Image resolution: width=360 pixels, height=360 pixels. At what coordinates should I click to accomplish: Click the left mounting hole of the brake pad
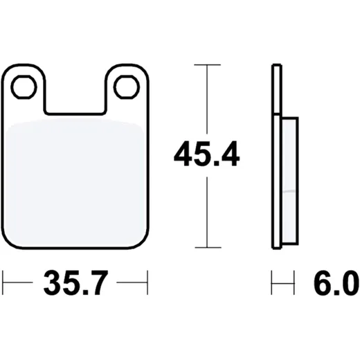tap(24, 87)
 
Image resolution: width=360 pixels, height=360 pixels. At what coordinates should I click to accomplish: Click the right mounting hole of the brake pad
tap(127, 87)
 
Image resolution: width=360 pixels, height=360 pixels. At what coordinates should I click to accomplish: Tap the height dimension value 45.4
tap(207, 154)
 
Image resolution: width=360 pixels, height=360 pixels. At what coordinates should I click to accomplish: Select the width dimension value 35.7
tap(75, 282)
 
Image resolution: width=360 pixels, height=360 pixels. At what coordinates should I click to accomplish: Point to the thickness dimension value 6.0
tap(336, 282)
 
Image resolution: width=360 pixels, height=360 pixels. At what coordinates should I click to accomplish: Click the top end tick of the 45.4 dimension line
tap(207, 65)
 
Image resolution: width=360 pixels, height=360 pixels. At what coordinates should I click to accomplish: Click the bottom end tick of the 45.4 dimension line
tap(208, 248)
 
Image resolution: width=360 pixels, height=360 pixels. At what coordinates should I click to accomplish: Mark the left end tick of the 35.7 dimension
tap(3, 282)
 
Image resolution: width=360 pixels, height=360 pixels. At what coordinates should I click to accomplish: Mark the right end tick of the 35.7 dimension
tap(147, 282)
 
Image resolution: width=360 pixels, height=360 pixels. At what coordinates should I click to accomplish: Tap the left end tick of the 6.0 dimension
tap(271, 282)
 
